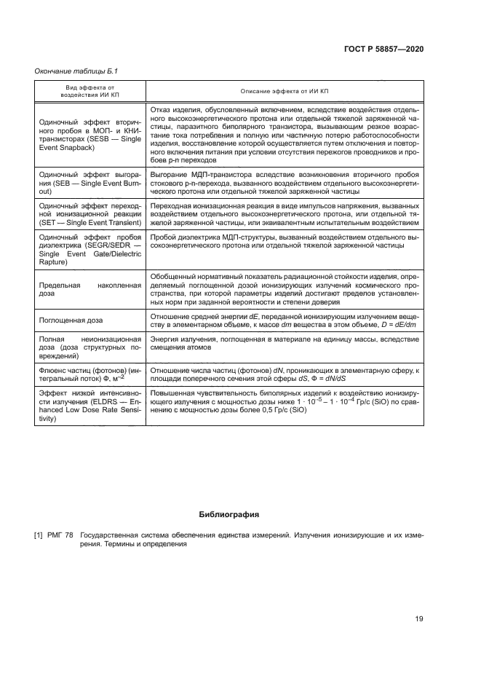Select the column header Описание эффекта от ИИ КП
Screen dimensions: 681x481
pos(285,90)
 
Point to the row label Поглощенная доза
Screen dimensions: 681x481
pos(71,320)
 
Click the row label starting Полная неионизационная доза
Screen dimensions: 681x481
pos(90,344)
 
